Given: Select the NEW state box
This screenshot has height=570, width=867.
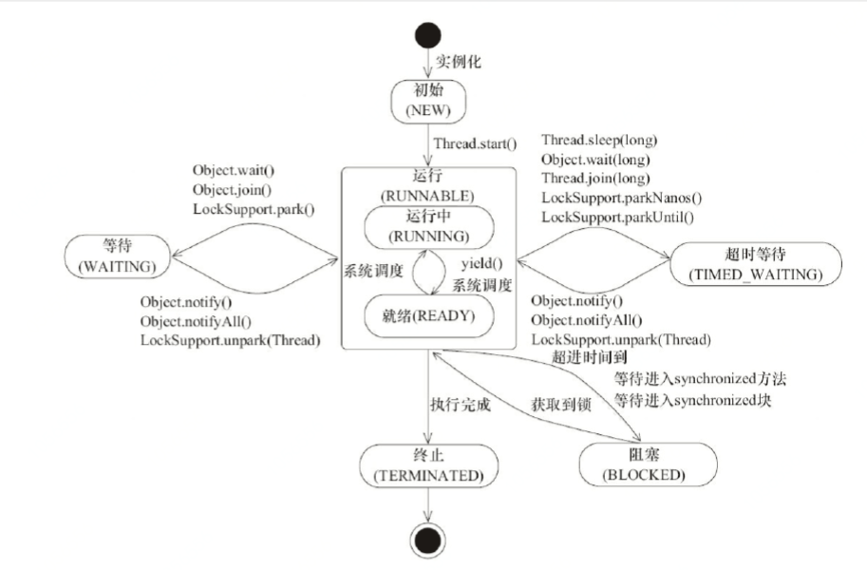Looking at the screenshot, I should pyautogui.click(x=429, y=101).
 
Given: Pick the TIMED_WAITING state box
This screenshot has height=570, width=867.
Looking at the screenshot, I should pyautogui.click(x=755, y=261).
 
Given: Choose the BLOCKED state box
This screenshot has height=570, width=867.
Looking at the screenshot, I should pyautogui.click(x=631, y=463).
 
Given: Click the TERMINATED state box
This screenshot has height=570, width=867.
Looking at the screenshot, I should pyautogui.click(x=429, y=464).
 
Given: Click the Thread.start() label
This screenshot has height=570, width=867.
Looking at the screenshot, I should pyautogui.click(x=474, y=145).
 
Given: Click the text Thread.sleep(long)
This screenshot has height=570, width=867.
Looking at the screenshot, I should pyautogui.click(x=599, y=140).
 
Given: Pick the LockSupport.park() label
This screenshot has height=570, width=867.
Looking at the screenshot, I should pyautogui.click(x=253, y=208).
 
